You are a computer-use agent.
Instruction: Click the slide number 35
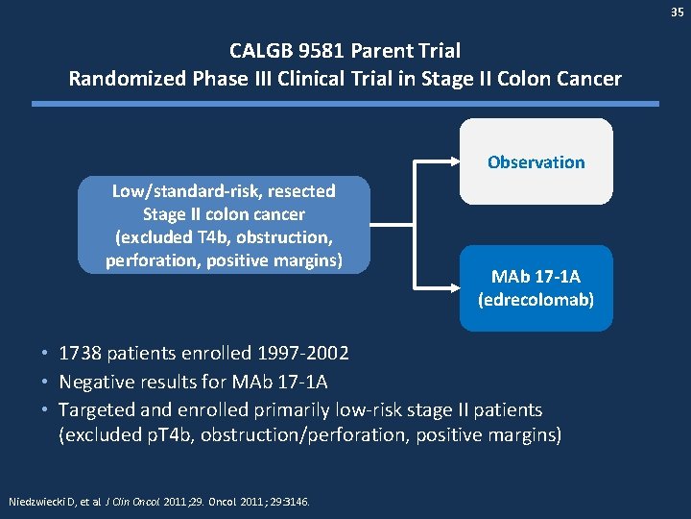(x=677, y=14)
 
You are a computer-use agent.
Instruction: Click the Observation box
(x=536, y=161)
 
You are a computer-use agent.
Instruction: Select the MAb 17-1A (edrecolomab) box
(x=536, y=287)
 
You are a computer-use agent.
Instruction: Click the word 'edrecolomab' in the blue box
(x=536, y=299)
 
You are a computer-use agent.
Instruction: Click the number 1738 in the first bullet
(x=80, y=353)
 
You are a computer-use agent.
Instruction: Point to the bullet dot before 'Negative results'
(x=46, y=382)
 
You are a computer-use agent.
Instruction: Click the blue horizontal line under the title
(x=345, y=103)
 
